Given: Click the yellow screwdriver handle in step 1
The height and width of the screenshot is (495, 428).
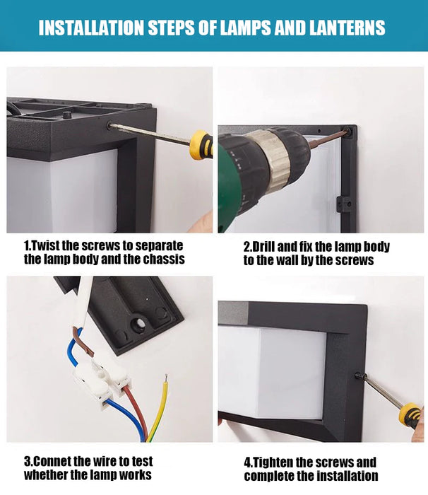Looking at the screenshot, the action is click(201, 144).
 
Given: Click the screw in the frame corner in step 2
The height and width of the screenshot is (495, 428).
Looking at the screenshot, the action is click(347, 131).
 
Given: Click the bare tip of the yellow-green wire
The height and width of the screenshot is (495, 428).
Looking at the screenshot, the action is click(166, 378).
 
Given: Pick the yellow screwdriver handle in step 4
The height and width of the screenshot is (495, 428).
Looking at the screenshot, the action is click(410, 415).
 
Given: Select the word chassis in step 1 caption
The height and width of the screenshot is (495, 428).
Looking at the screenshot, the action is click(164, 260).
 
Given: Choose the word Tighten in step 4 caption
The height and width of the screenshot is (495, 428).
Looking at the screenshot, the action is click(273, 462).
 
